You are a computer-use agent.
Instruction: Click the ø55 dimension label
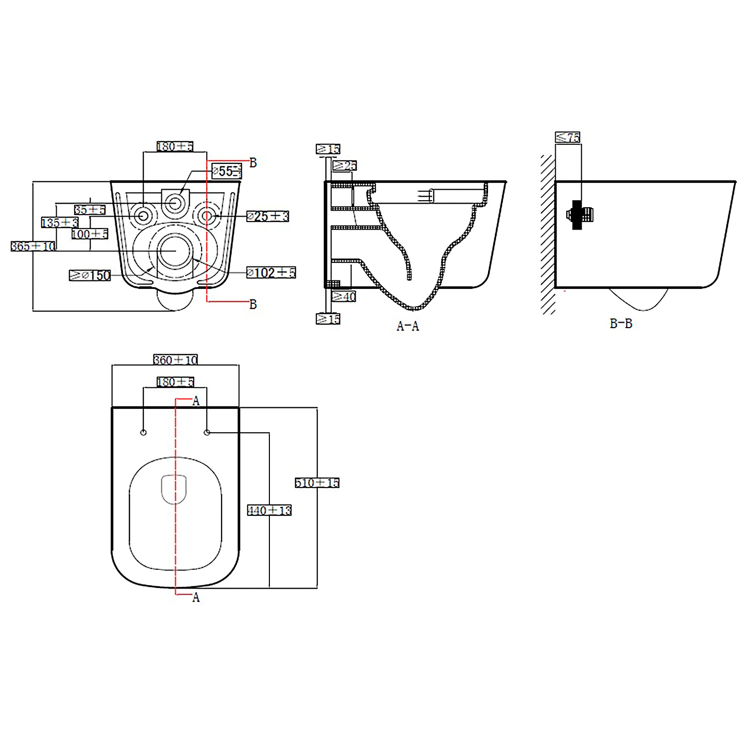pos(227,171)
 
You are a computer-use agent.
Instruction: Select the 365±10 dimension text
pos(33,246)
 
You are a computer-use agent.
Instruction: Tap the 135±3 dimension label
pos(60,222)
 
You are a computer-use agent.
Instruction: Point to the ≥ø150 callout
pos(90,275)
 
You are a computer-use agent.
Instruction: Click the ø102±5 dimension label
pos(271,272)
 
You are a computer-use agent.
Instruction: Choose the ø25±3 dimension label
pos(268,216)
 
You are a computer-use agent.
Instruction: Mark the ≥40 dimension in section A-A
pos(344,297)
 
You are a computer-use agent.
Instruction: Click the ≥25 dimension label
pos(345,165)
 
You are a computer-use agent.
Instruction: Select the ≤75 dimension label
pos(568,137)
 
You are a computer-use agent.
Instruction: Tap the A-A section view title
pos(408,326)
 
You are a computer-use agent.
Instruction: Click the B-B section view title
pos(621,324)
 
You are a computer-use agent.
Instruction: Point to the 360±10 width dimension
pos(175,360)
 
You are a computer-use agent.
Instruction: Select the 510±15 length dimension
pos(317,483)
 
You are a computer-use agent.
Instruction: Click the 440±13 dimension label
pos(269,510)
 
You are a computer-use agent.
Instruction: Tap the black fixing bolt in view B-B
pos(578,215)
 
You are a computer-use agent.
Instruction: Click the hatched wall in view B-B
pos(548,234)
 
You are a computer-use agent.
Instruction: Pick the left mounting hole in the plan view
pos(143,432)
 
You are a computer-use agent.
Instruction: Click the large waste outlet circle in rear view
pos(175,250)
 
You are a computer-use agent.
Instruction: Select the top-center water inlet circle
pos(175,203)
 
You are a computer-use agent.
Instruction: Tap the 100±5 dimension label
pos(90,234)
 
